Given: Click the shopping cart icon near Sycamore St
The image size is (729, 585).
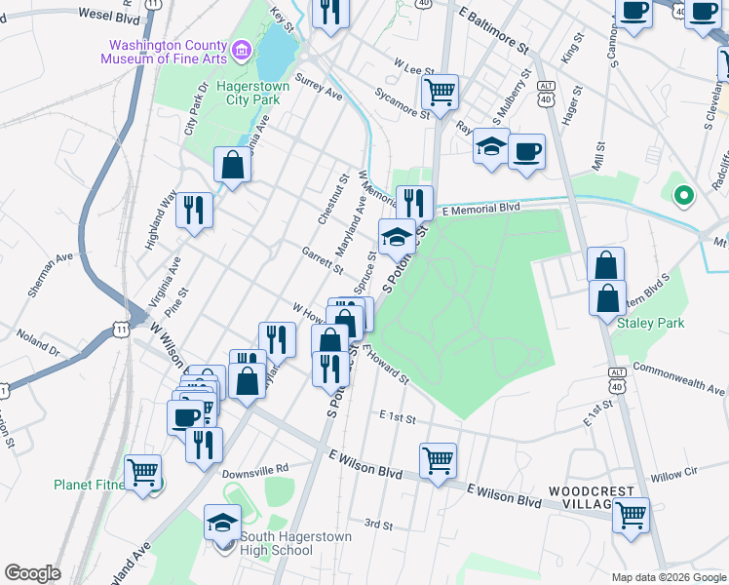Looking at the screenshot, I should pyautogui.click(x=440, y=92).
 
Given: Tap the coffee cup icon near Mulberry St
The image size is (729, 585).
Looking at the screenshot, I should pyautogui.click(x=526, y=151).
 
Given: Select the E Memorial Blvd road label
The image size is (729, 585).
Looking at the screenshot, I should pyautogui.click(x=480, y=209).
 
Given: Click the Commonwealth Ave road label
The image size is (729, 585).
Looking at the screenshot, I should pyautogui.click(x=678, y=381).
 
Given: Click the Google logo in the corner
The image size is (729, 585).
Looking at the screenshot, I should pyautogui.click(x=32, y=573).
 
